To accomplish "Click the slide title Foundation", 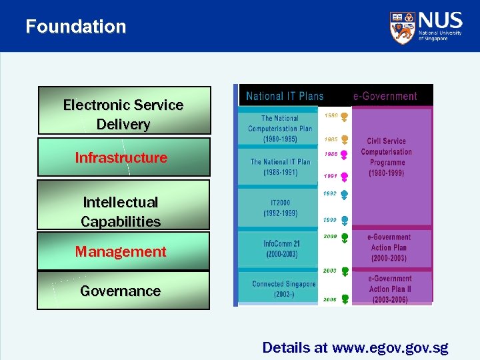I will coord(75,27).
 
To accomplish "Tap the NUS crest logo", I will coord(402,27).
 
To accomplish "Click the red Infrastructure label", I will coord(121,158).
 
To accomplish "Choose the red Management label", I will coord(121,252).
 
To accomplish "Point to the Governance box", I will coord(121,291).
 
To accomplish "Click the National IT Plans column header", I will coord(285,96).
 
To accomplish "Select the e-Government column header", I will coord(385,96).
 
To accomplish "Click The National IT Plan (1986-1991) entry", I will coord(280,167).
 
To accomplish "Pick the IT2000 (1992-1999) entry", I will coord(280,208).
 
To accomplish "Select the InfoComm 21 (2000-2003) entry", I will coord(281,249).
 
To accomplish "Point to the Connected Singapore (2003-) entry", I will coord(283,289).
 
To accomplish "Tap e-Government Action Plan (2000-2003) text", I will coord(390,247).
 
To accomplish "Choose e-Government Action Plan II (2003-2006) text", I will coord(390,289).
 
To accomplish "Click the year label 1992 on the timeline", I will coord(330,194).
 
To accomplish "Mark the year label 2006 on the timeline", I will coord(330,301).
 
